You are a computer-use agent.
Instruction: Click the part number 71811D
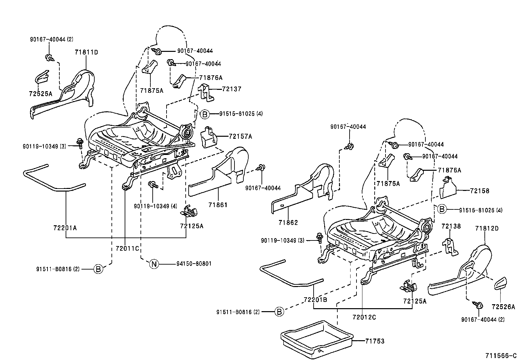coord(86,52)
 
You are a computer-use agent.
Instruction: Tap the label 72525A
coord(40,93)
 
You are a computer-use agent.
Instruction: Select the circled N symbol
coord(154,264)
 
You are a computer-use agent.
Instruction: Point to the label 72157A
coord(240,136)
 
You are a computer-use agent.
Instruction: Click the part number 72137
coord(232,89)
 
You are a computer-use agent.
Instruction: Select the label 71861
coord(218,205)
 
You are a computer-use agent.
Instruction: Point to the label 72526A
coord(503,307)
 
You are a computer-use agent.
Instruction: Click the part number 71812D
coord(487,228)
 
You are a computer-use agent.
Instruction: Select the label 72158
coord(479,191)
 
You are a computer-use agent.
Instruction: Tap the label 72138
coord(451,226)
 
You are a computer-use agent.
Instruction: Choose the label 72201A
coord(65,228)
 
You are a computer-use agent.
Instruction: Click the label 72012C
coord(364,317)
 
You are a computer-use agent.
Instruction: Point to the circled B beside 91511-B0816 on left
coord(98,269)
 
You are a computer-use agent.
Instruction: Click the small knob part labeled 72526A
coord(501,283)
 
